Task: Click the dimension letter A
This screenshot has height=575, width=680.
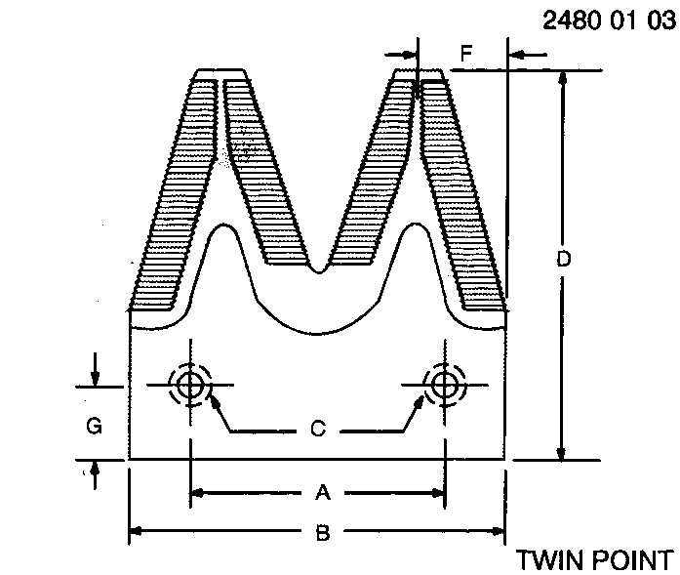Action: pyautogui.click(x=319, y=493)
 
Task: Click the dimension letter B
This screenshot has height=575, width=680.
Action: pyautogui.click(x=319, y=533)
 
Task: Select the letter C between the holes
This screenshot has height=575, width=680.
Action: pyautogui.click(x=317, y=429)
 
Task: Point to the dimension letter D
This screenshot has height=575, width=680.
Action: pyautogui.click(x=563, y=260)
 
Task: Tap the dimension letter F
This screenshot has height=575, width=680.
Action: pyautogui.click(x=466, y=54)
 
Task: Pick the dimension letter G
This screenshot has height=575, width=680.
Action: pyautogui.click(x=94, y=426)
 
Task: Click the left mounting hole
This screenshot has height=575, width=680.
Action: pyautogui.click(x=190, y=385)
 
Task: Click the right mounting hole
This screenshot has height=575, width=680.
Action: pyautogui.click(x=445, y=385)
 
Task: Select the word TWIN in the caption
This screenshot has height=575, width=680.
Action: pyautogui.click(x=547, y=560)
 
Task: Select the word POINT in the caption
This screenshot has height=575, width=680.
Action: pyautogui.click(x=629, y=560)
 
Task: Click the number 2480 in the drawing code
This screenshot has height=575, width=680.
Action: pyautogui.click(x=570, y=21)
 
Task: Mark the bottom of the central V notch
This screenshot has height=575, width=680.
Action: pyautogui.click(x=317, y=265)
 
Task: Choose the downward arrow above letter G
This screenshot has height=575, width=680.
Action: pyautogui.click(x=95, y=378)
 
